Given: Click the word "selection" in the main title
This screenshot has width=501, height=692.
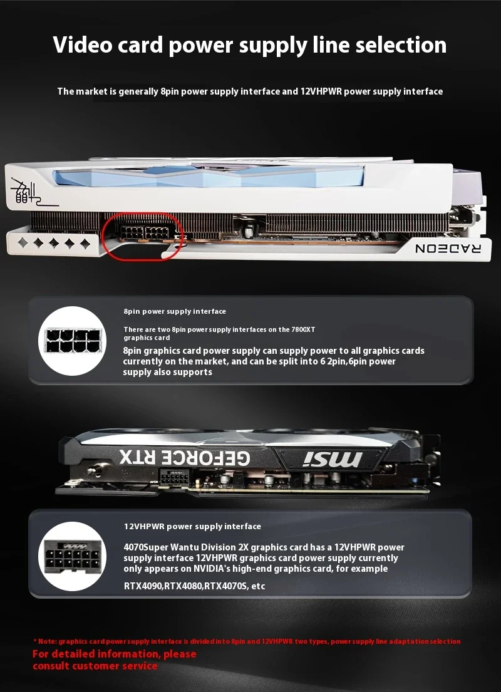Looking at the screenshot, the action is click(401, 45).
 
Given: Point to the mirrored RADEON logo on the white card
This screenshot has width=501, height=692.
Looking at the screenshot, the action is click(448, 249).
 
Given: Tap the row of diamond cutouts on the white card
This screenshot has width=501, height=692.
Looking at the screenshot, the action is click(53, 243).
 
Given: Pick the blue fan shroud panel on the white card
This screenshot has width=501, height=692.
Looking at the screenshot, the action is click(208, 176).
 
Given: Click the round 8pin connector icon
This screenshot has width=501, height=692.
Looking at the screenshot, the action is click(73, 341).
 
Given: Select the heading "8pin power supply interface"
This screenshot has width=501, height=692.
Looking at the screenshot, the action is click(175, 311).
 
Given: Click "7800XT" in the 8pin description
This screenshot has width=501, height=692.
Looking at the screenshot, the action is click(303, 329).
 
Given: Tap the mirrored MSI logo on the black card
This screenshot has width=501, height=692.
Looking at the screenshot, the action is click(333, 460).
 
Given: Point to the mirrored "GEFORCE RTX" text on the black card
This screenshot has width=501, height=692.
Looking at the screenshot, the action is click(185, 458).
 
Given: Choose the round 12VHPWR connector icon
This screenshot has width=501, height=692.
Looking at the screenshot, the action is click(73, 556).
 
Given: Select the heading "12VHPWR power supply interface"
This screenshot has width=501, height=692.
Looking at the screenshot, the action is click(192, 526).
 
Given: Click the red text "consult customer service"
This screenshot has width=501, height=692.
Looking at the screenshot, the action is click(95, 666).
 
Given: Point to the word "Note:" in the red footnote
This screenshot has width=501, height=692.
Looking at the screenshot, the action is click(47, 641).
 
